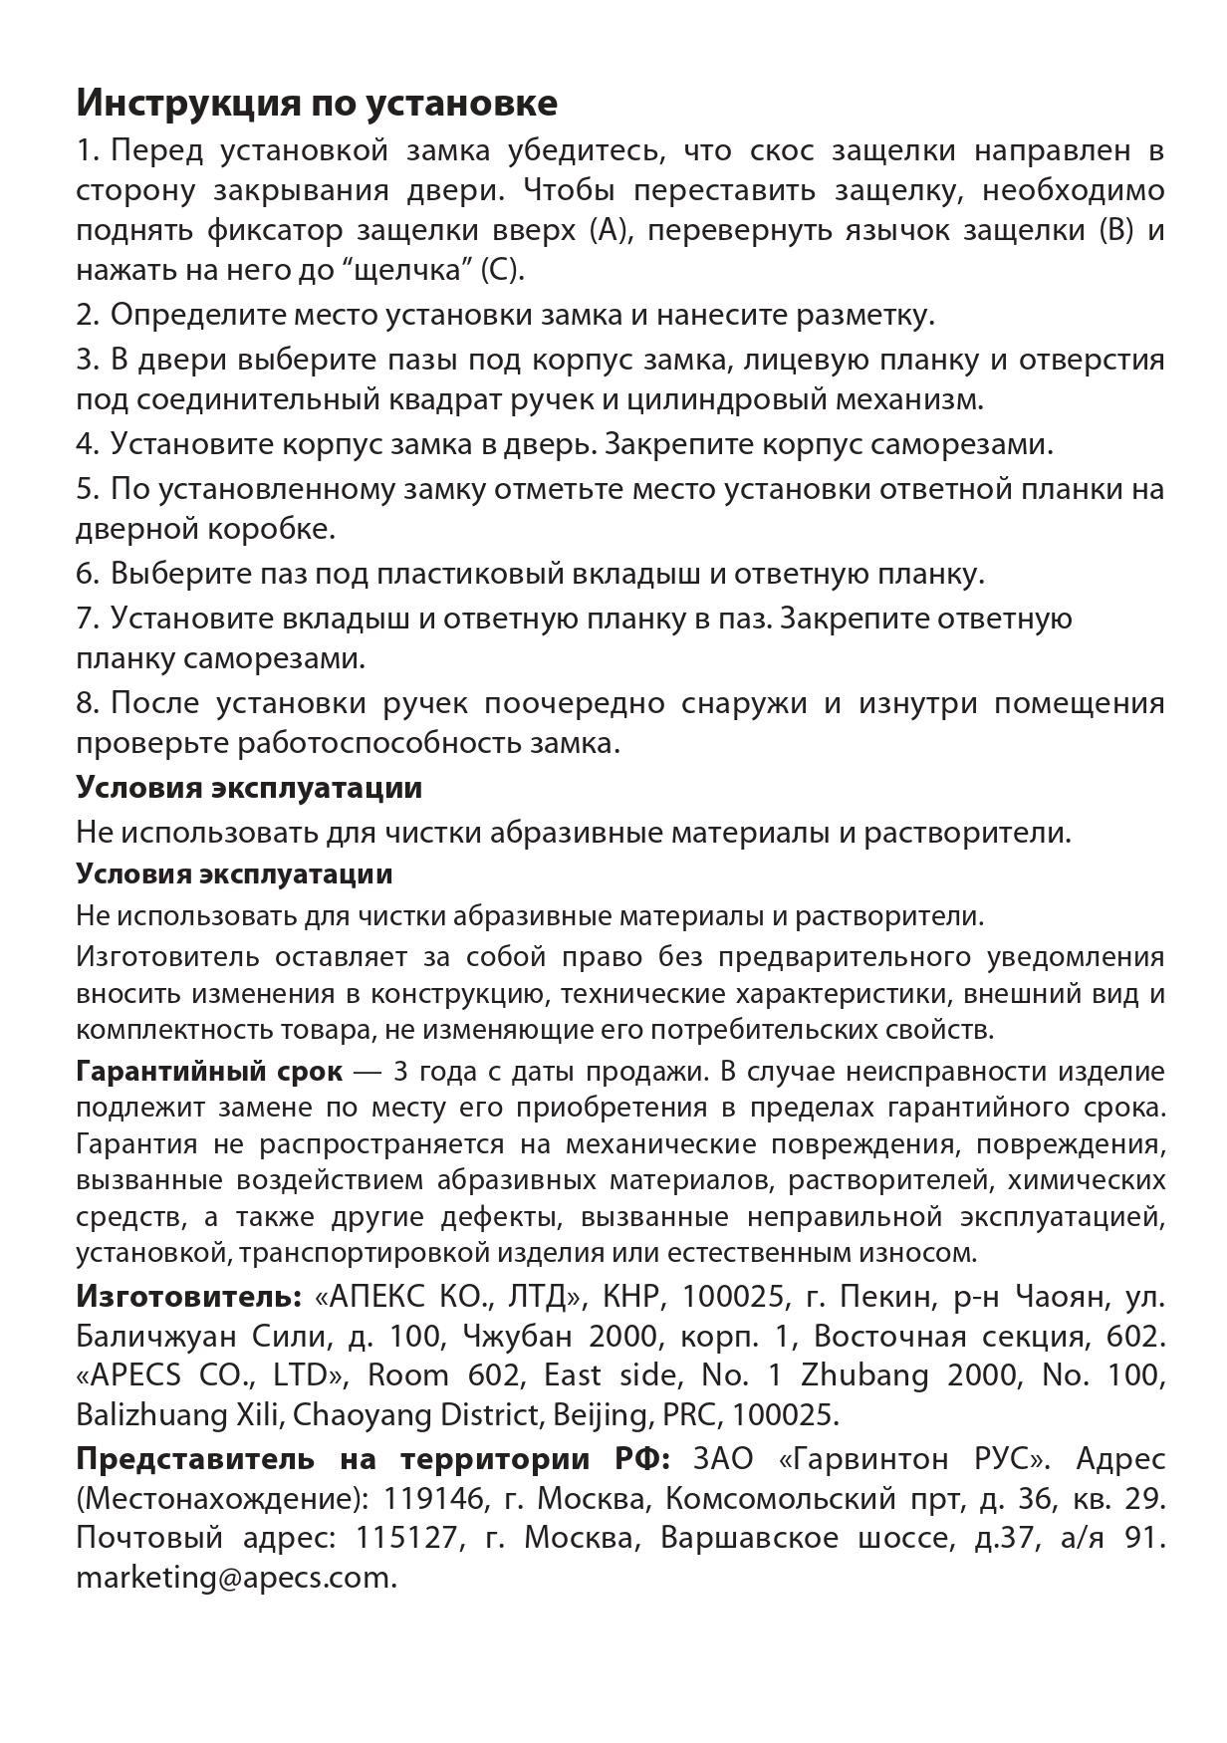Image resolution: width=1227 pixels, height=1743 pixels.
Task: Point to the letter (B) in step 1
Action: coord(1114,230)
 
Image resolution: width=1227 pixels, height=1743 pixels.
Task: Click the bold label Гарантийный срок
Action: coord(209,1072)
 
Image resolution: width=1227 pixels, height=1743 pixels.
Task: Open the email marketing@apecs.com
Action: coord(236,1578)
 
